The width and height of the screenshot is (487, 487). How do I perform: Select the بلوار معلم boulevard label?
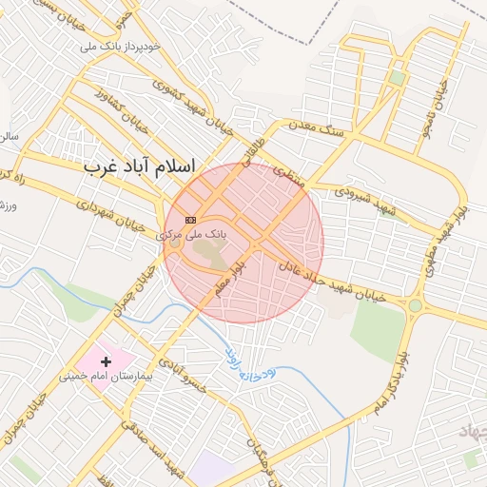coord(231,277)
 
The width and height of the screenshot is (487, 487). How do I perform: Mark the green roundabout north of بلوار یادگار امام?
coord(416,305)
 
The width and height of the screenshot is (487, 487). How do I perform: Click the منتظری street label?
coord(286,172)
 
